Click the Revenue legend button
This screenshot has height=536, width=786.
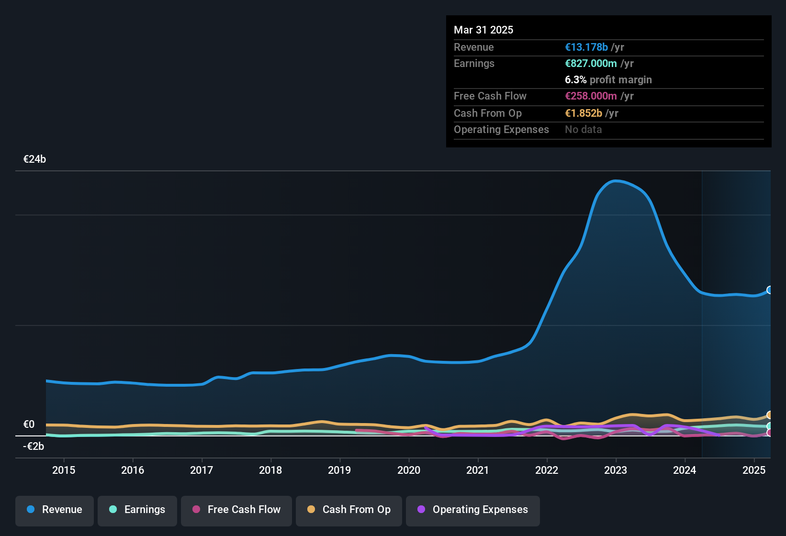[x=55, y=510]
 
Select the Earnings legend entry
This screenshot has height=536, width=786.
[x=137, y=510]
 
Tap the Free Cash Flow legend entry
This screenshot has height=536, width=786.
[x=236, y=510]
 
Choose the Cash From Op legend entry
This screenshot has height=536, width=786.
[x=349, y=510]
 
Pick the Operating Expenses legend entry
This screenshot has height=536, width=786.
[x=473, y=510]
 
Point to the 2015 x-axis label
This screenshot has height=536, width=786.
[x=64, y=470]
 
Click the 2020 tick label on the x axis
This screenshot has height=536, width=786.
[x=409, y=470]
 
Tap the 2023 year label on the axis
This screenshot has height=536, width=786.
[x=616, y=470]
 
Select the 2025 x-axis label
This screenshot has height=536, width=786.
[x=753, y=470]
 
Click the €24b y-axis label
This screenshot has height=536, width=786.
[x=34, y=159]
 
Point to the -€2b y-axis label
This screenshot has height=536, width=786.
[x=34, y=447]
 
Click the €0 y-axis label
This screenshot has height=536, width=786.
[x=29, y=424]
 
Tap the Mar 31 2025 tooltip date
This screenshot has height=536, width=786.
[x=483, y=30]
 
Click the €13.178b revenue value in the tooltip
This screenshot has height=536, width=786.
[x=586, y=47]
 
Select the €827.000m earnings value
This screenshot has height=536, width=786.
[x=591, y=64]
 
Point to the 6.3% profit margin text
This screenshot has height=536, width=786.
[x=608, y=80]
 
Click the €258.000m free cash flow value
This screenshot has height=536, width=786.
[x=591, y=96]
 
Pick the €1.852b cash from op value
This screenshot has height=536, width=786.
[x=584, y=113]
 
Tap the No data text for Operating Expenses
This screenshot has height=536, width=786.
[x=583, y=130]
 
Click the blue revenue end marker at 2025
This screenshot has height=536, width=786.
[x=770, y=290]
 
